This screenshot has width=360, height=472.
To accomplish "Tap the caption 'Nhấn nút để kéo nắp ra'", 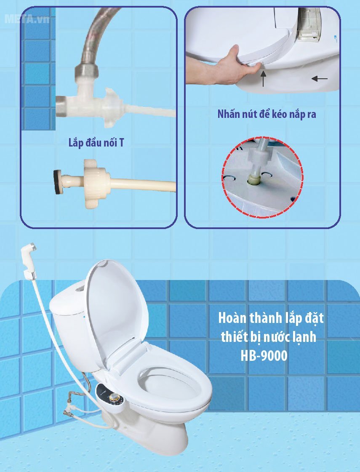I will (267, 114).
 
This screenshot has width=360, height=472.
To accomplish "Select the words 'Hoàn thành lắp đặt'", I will (271, 318).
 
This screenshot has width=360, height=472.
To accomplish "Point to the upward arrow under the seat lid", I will (264, 78).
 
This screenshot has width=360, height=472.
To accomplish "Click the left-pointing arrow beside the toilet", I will (320, 78).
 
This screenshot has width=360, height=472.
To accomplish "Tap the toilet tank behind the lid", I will (67, 320).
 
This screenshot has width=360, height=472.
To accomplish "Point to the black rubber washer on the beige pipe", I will (57, 182).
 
